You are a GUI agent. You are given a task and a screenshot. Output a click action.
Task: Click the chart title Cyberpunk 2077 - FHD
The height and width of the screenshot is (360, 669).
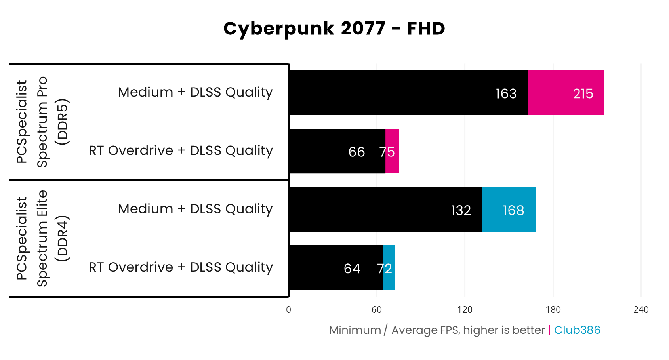(x=334, y=29)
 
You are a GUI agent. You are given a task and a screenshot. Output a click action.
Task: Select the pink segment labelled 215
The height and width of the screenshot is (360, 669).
(x=566, y=93)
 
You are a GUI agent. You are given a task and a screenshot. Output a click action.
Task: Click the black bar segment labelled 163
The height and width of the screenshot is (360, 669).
(x=408, y=93)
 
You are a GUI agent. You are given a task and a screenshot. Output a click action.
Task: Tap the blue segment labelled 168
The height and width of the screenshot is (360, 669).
(x=509, y=210)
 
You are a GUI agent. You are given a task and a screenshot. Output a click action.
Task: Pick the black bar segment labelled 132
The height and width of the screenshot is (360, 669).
(x=385, y=210)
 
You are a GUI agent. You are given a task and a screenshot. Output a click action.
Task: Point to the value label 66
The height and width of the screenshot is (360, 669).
(x=356, y=152)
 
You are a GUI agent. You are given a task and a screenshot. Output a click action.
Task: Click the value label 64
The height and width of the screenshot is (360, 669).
(x=352, y=269)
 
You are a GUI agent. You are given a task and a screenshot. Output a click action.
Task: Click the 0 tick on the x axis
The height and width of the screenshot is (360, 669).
(x=288, y=310)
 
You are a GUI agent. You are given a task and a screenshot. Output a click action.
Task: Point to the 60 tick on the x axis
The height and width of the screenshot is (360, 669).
(x=377, y=310)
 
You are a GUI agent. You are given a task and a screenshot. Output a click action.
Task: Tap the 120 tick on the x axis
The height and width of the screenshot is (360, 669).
(x=465, y=310)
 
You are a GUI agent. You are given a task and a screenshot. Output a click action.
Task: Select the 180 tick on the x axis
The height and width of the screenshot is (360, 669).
(x=553, y=310)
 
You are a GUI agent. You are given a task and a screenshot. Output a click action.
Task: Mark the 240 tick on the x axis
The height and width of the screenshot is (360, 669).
(x=641, y=310)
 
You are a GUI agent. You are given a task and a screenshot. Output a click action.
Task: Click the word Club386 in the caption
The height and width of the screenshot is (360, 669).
(x=577, y=330)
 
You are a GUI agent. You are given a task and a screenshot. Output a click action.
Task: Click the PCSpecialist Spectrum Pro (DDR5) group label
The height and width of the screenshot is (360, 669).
(x=42, y=122)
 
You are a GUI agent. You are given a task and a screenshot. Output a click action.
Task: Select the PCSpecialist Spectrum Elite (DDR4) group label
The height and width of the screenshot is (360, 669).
(x=42, y=238)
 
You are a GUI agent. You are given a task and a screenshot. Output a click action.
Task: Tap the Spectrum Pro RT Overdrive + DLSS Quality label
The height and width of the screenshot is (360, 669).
(x=181, y=151)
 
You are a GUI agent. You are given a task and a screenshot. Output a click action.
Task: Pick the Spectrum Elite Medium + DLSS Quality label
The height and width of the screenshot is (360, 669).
(x=195, y=209)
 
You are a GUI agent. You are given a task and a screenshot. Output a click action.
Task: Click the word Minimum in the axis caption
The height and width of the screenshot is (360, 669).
(x=355, y=330)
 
